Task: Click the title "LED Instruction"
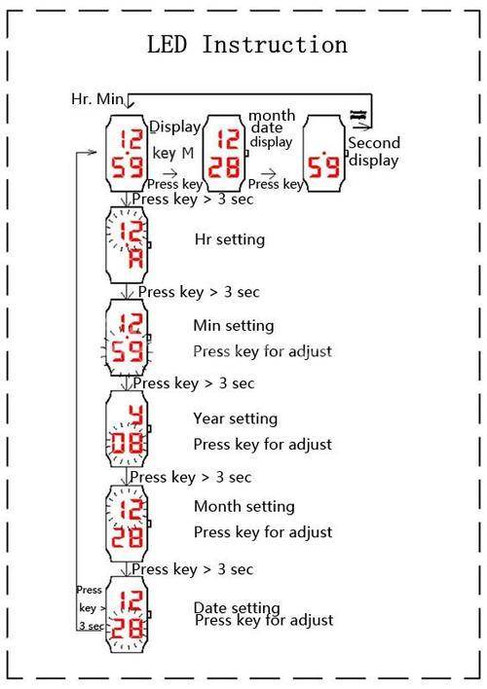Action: click(246, 45)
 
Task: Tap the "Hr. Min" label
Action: click(97, 99)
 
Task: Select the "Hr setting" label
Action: click(230, 239)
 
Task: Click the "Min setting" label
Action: click(234, 326)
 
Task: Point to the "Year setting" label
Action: click(236, 418)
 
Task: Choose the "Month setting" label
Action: click(244, 506)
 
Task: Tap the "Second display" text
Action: click(374, 152)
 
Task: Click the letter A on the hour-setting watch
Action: click(135, 259)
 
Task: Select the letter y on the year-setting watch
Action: click(136, 416)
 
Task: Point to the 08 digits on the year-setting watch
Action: click(127, 443)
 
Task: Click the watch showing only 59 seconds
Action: click(324, 154)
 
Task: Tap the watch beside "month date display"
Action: click(225, 154)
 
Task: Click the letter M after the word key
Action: click(187, 153)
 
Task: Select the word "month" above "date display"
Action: click(272, 116)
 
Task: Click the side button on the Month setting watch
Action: click(149, 524)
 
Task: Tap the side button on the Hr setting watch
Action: click(149, 245)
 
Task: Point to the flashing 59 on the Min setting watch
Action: click(128, 351)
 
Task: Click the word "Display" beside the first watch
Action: click(175, 127)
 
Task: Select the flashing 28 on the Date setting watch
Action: click(127, 629)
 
